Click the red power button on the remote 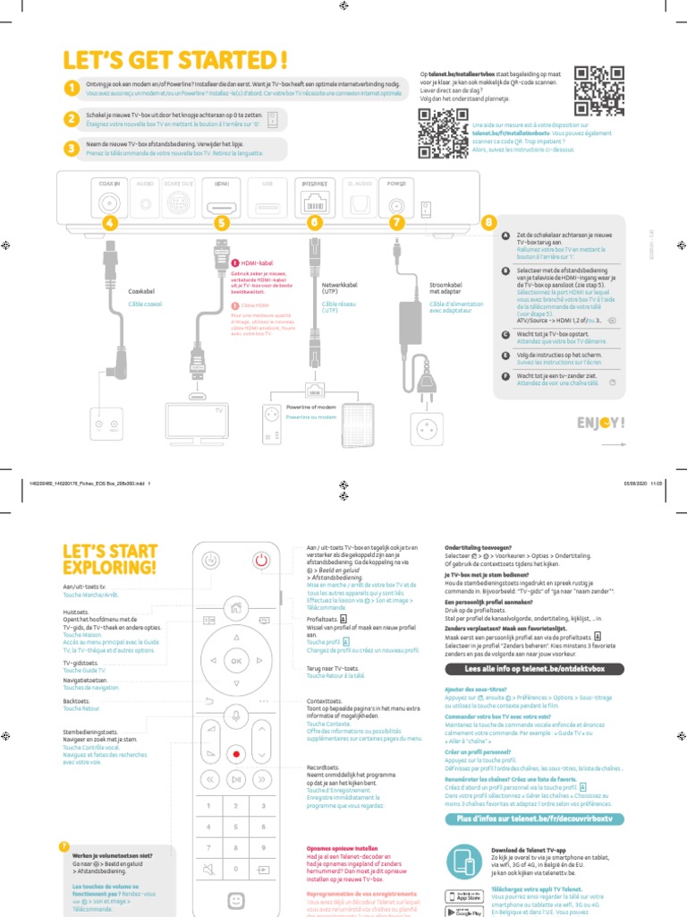pyautogui.click(x=260, y=561)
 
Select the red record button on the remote pyautogui.click(x=236, y=755)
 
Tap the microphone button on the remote pyautogui.click(x=236, y=714)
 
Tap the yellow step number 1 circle pyautogui.click(x=71, y=87)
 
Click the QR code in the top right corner pyautogui.click(x=598, y=90)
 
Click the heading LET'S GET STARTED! pyautogui.click(x=175, y=60)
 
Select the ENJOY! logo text pyautogui.click(x=600, y=423)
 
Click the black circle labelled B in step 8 pyautogui.click(x=506, y=270)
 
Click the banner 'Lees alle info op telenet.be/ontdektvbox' pyautogui.click(x=534, y=669)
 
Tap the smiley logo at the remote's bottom pyautogui.click(x=236, y=902)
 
